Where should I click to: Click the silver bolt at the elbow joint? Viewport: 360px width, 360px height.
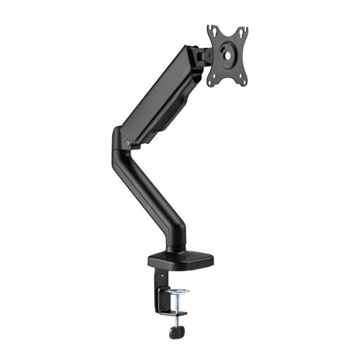click(x=129, y=142)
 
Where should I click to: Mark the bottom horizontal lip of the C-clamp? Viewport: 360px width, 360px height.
click(x=174, y=314)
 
